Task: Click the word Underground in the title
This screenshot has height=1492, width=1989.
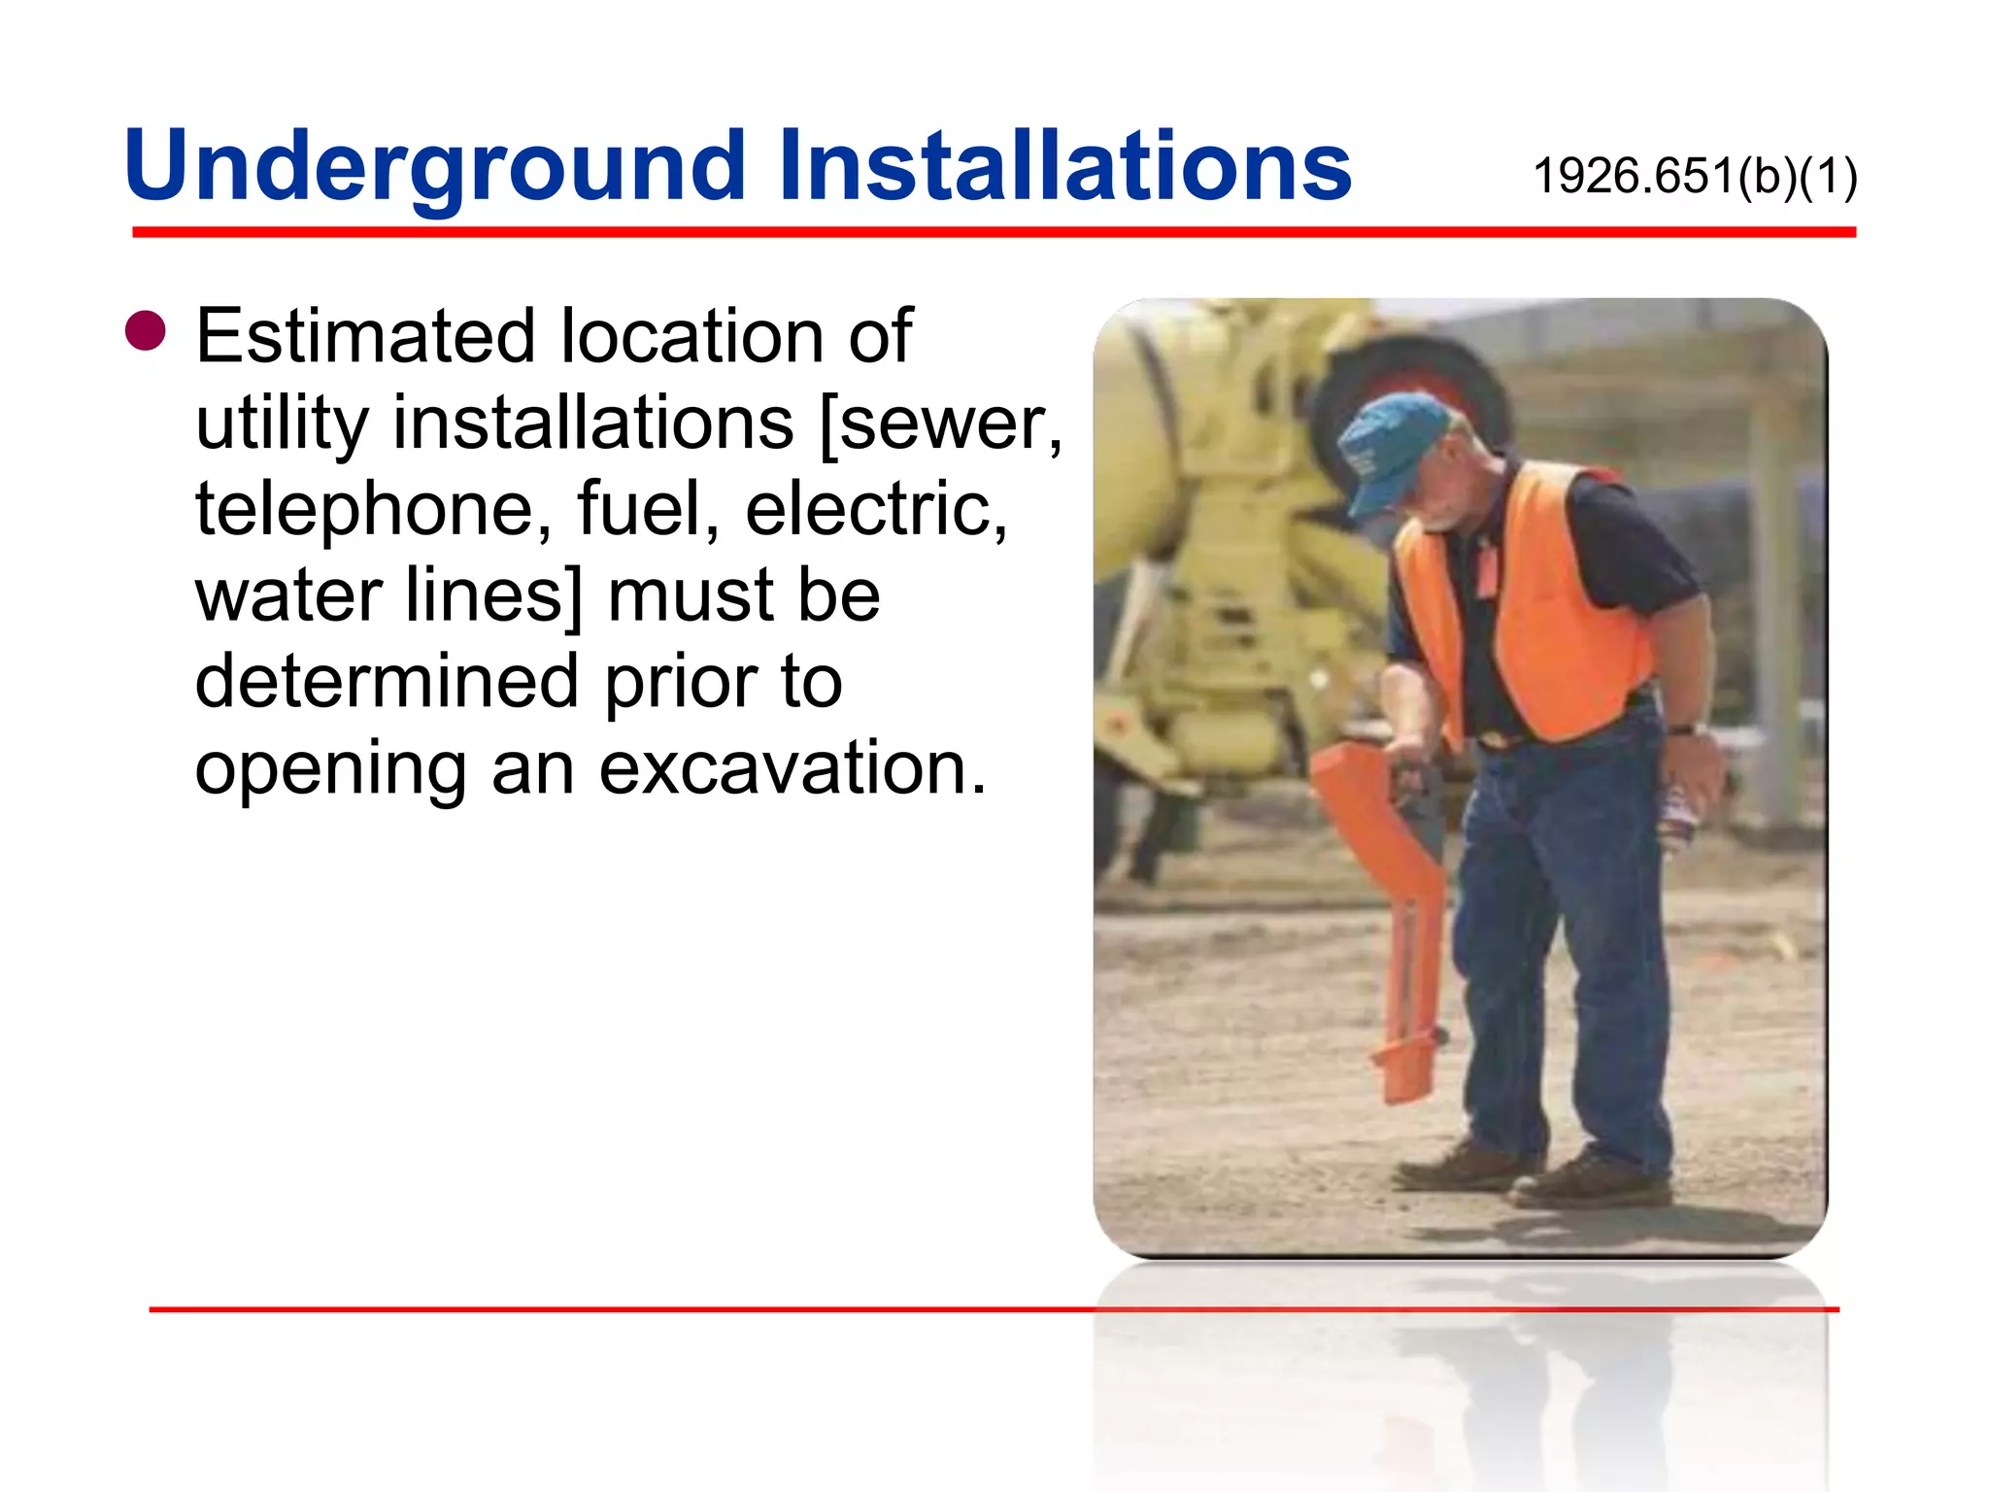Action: click(434, 167)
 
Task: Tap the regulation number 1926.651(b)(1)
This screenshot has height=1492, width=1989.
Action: click(1695, 177)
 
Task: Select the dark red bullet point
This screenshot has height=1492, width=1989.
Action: click(146, 330)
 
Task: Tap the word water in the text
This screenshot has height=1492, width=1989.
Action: click(288, 595)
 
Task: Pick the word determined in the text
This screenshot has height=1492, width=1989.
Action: click(387, 682)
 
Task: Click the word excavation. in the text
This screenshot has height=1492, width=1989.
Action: click(792, 768)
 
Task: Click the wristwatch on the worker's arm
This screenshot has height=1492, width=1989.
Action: click(1683, 728)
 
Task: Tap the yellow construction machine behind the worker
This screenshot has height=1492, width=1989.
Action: click(1224, 544)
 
